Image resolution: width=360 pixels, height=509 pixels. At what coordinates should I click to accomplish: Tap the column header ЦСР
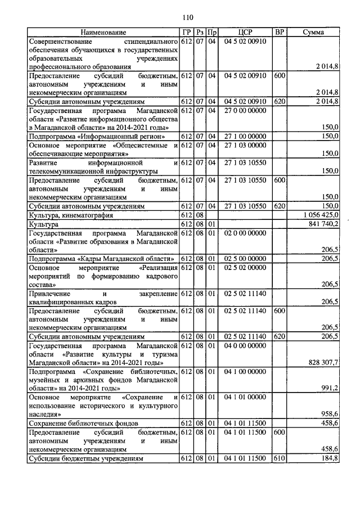click(244, 33)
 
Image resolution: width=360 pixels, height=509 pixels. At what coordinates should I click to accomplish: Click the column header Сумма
click(313, 33)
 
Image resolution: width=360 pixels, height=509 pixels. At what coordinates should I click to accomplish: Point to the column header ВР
click(278, 33)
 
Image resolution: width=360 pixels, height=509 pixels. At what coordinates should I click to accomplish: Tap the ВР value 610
click(278, 458)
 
